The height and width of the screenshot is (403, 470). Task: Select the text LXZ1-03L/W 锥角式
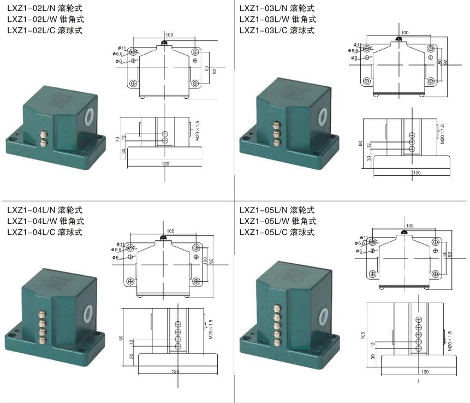277,19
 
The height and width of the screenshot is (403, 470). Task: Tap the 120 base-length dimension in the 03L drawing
416,173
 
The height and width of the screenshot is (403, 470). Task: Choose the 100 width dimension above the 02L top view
169,35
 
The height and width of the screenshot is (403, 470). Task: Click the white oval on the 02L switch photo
90,116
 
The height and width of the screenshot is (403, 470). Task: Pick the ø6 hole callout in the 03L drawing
355,58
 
